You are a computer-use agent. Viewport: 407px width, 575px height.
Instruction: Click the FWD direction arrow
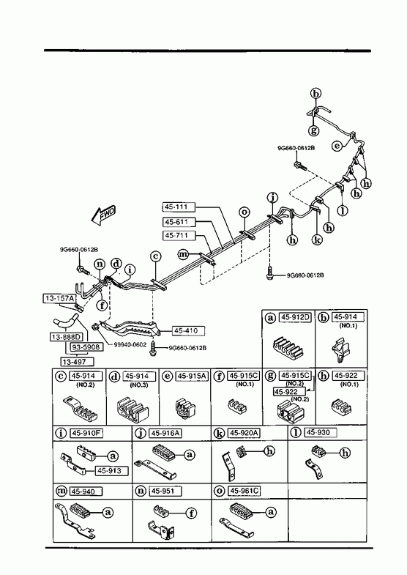click(104, 215)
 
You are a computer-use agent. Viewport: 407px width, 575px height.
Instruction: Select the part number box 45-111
click(179, 207)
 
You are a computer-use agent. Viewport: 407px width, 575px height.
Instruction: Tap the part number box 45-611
click(179, 221)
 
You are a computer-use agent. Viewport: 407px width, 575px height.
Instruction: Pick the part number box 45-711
click(179, 235)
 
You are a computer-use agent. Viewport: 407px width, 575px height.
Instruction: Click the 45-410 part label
click(188, 330)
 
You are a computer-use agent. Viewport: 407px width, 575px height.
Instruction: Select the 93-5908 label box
click(85, 346)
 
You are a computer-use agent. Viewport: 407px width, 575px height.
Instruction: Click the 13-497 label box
click(77, 362)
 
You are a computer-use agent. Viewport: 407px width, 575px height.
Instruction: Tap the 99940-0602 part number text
click(130, 345)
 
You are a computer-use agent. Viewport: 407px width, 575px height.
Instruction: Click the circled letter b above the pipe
click(315, 94)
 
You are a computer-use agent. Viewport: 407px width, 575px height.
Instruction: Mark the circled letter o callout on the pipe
click(244, 212)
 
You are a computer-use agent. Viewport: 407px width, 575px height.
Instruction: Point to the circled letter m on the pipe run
click(183, 253)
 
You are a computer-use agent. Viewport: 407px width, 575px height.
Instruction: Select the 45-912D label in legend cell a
click(295, 317)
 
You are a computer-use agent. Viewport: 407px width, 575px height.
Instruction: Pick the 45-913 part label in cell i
click(112, 470)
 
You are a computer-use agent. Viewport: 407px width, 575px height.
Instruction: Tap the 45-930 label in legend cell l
click(320, 433)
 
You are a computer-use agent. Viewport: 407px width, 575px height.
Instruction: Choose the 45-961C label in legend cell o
click(244, 491)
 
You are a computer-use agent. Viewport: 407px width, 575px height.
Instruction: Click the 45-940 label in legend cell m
click(86, 491)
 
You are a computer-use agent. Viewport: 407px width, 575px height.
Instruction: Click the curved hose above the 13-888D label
click(65, 321)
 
